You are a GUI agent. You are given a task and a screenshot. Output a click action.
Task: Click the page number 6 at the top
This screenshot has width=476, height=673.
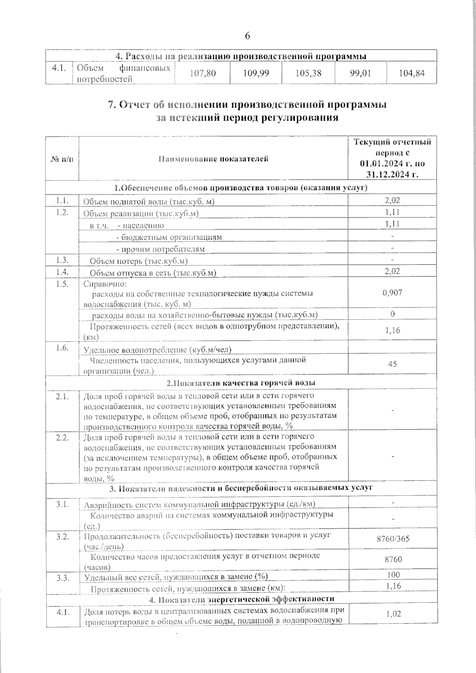[x=247, y=36]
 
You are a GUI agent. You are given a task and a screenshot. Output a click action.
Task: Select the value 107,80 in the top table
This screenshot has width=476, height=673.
[x=203, y=73]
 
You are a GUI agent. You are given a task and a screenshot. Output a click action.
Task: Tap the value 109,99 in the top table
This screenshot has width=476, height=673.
[x=256, y=73]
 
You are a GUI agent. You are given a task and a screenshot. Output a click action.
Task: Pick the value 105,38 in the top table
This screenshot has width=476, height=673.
[x=308, y=73]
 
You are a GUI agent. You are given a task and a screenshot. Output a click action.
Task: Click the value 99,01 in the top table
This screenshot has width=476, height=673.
[x=361, y=73]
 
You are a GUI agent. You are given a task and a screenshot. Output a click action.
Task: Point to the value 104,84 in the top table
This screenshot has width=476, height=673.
[x=411, y=73]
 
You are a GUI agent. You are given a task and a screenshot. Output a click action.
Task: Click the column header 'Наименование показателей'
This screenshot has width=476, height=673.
[x=213, y=159]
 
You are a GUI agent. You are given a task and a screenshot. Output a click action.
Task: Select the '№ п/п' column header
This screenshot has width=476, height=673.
[x=62, y=159]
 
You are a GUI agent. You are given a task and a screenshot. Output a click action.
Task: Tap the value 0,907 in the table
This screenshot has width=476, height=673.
[x=392, y=293]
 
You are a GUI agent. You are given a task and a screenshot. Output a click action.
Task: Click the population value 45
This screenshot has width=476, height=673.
[x=392, y=364]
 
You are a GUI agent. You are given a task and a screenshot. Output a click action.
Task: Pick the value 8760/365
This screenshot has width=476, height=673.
[x=393, y=539]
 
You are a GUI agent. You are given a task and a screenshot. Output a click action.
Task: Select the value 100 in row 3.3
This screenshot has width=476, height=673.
[x=393, y=575]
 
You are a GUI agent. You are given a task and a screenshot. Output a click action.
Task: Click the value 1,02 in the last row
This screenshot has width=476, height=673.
[x=393, y=614]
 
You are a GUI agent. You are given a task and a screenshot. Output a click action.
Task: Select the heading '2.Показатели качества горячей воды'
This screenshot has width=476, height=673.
[x=241, y=383]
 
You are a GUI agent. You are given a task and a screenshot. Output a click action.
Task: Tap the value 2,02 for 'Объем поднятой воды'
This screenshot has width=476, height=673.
[x=392, y=201]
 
